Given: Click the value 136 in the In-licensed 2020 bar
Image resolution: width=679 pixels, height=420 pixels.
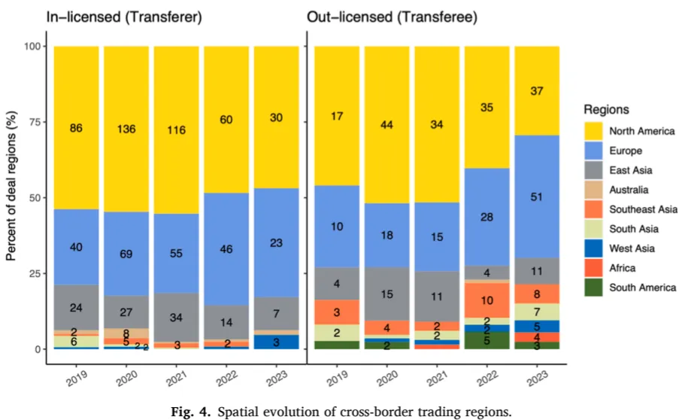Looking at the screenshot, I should tap(126, 129).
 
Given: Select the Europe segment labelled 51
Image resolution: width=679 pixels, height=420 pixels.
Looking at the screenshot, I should tap(537, 198).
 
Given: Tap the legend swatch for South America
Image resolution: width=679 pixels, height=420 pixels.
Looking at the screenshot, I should tap(593, 287).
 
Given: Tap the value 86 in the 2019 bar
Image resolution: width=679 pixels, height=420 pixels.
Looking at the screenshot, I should tap(76, 129).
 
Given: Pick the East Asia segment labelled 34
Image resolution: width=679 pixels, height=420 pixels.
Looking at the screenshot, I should tap(176, 317).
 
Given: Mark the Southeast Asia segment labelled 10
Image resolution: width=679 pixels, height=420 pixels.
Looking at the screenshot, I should tap(487, 300).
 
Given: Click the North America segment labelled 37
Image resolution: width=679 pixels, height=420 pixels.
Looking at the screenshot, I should tap(537, 91).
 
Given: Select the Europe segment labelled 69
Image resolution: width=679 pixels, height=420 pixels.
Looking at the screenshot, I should tap(126, 254).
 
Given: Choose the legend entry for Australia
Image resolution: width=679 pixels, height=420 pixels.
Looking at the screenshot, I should tap(630, 189).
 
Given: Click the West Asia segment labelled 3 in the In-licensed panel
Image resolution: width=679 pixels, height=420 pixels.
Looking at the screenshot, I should tap(277, 342).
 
